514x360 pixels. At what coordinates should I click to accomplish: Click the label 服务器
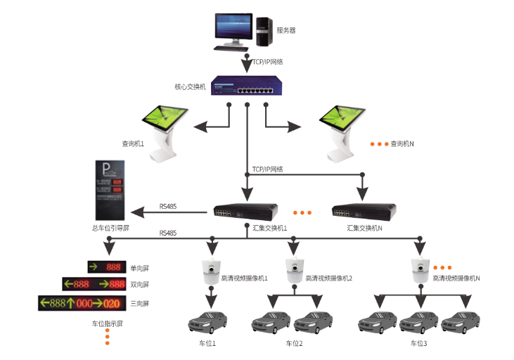[x=286, y=30]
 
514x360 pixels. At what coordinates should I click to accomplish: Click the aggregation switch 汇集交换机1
[x=246, y=210]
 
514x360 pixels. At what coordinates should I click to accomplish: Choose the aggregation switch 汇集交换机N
[x=364, y=210]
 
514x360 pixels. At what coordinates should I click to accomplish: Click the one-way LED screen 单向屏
[x=105, y=267]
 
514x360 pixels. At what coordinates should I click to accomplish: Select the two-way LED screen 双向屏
[x=94, y=285]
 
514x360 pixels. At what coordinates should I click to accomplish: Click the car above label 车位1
[x=210, y=322]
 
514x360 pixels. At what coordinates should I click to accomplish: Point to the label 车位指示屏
[x=107, y=324]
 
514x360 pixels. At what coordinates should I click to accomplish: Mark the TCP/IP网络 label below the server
[x=268, y=62]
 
